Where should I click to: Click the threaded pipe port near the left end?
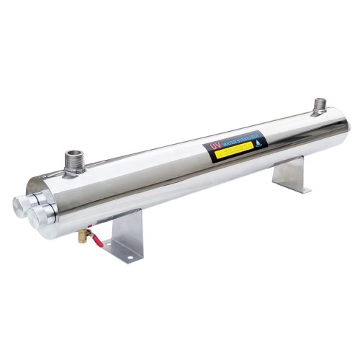click(74, 160)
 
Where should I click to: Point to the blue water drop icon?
click(260, 141)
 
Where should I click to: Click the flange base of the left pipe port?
click(75, 169)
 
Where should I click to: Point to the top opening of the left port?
click(74, 153)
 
